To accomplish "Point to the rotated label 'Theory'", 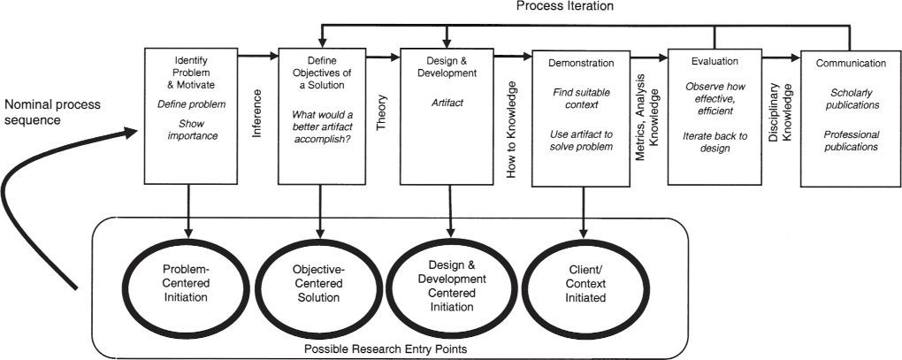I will coord(382,113).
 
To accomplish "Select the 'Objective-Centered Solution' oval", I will coord(316,283).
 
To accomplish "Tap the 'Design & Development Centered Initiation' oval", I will coord(450,285).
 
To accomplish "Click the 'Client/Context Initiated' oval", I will coord(581,284).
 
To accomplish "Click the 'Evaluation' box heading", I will coord(715,61).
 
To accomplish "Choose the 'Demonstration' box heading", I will coord(581,63).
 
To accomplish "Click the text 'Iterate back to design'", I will coord(715,142).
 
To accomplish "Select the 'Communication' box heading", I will coord(851,63).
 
